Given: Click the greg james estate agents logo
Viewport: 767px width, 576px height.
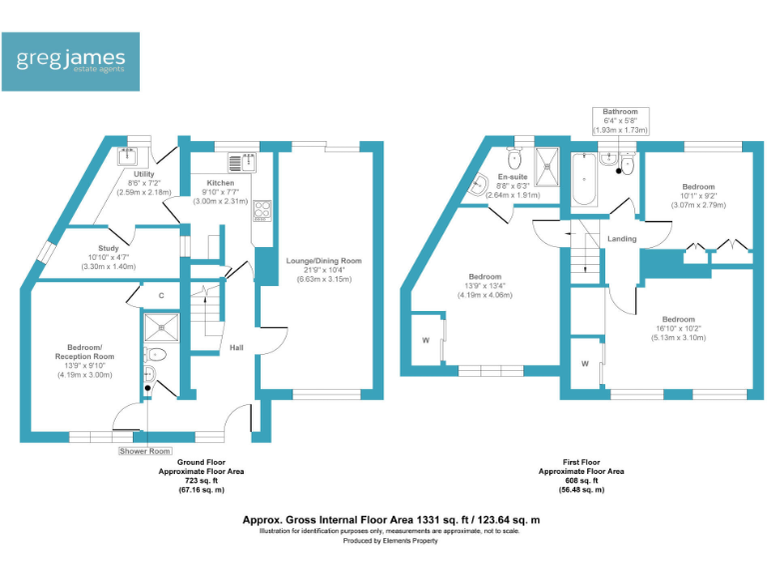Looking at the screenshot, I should (x=76, y=61).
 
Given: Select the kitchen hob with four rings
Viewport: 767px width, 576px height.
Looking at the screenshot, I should (x=264, y=210).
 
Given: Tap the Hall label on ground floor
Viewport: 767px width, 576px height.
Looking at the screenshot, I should (x=237, y=347).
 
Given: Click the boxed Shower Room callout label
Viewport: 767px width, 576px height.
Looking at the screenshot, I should (x=147, y=451).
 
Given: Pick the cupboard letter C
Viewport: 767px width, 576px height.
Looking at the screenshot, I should (x=161, y=296).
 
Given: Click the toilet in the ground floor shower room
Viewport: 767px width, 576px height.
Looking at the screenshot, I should (x=156, y=355).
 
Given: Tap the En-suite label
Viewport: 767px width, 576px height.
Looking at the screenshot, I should (x=512, y=177).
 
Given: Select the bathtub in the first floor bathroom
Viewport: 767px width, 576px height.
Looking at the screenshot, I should (x=584, y=180).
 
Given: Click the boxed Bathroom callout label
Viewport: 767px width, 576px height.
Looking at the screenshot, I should (x=620, y=112).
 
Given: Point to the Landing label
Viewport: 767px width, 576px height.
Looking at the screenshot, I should (x=622, y=239).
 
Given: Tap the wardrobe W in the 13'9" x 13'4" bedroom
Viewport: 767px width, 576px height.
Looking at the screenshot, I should (x=426, y=340).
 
